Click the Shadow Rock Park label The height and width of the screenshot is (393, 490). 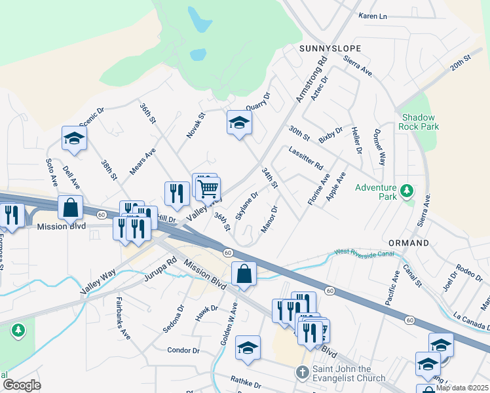(x=420, y=122)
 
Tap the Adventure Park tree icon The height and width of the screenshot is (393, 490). (x=407, y=191)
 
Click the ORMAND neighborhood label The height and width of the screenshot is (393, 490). (x=407, y=243)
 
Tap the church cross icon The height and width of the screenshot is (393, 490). (x=301, y=373)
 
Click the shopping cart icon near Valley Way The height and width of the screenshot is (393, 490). (x=208, y=189)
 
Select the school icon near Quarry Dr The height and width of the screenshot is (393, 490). (x=239, y=122)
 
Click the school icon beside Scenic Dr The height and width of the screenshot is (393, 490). (x=74, y=138)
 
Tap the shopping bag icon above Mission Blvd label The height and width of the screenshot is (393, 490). (x=70, y=207)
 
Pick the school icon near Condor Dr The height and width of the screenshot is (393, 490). (x=248, y=348)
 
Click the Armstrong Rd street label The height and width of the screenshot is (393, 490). (x=311, y=81)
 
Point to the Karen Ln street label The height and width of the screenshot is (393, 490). (x=373, y=16)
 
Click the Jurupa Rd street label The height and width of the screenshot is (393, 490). (x=161, y=269)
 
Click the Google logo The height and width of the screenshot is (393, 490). (x=22, y=385)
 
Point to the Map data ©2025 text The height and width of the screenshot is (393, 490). (x=462, y=388)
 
